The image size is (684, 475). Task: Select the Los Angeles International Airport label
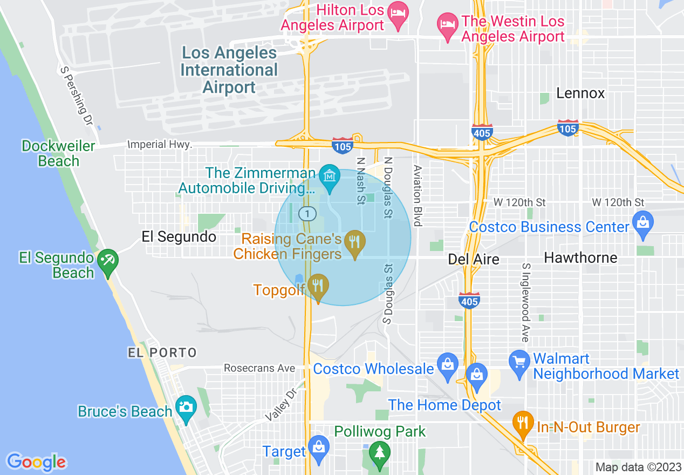(x=229, y=70)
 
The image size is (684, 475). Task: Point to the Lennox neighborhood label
(x=580, y=93)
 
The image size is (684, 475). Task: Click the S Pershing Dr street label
(x=78, y=96)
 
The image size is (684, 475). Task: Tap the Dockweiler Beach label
(x=58, y=153)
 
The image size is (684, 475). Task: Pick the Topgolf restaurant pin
(x=318, y=287)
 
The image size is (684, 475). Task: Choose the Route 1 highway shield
(x=307, y=214)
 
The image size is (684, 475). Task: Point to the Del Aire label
(x=474, y=260)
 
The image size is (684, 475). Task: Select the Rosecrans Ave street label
(x=259, y=368)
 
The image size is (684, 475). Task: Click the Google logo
(x=37, y=462)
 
